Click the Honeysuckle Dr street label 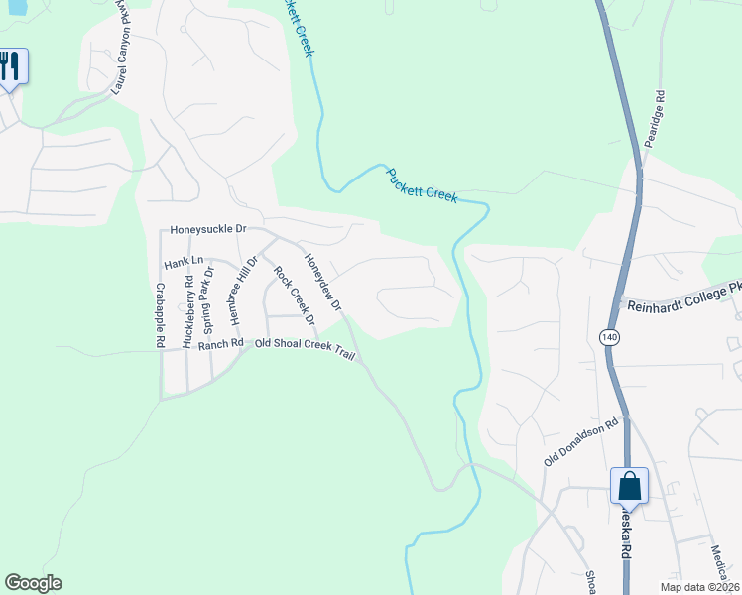point(207,229)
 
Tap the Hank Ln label point(184,262)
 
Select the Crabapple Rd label point(160,315)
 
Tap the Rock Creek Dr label point(294,297)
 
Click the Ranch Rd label point(220,344)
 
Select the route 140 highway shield point(609,337)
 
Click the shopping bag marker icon point(629,486)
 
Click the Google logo point(33,583)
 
